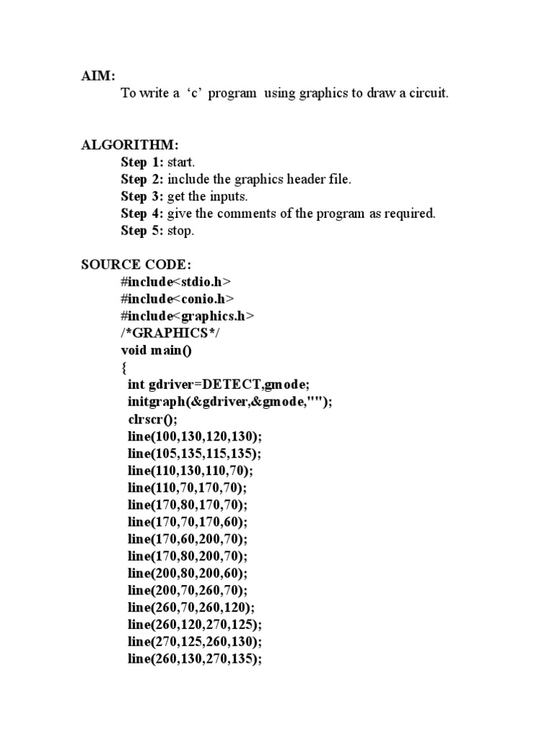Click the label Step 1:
tap(142, 162)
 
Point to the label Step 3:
tap(142, 197)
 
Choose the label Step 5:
tap(142, 231)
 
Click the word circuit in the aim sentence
tap(427, 94)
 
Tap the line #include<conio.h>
tap(178, 298)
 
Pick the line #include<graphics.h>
tap(188, 316)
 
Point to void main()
tap(157, 350)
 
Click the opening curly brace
tap(124, 367)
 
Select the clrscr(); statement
tap(152, 419)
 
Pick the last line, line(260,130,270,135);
tap(195, 659)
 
